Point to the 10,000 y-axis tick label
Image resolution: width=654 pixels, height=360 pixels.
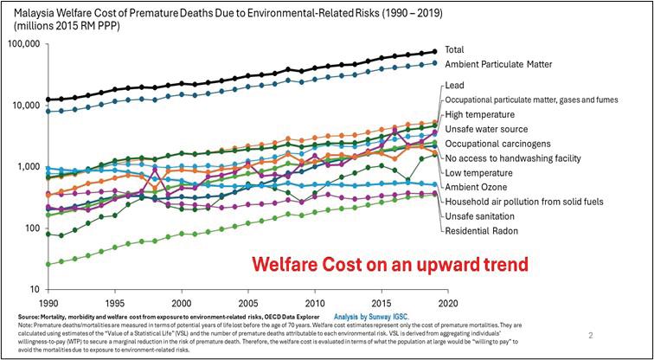click(25, 106)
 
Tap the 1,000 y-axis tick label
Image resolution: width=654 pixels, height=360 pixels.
click(28, 167)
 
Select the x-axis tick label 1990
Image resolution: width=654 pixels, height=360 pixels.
click(48, 305)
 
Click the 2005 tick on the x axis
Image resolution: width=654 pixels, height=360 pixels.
click(247, 305)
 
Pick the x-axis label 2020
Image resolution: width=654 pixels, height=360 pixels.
click(447, 305)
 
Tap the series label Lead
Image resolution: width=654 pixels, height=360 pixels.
click(455, 86)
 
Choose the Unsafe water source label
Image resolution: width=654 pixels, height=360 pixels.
click(487, 129)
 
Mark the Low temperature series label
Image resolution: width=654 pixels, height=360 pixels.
click(480, 172)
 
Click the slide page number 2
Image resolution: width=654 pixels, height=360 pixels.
click(589, 335)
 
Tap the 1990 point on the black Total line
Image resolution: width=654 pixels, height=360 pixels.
click(48, 100)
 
